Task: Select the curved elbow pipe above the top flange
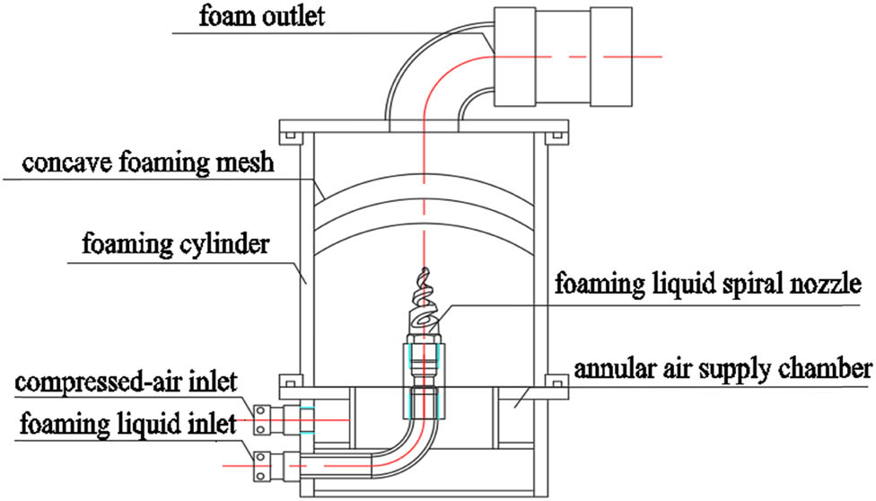tap(431, 81)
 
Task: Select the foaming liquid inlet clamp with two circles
tap(260, 463)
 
